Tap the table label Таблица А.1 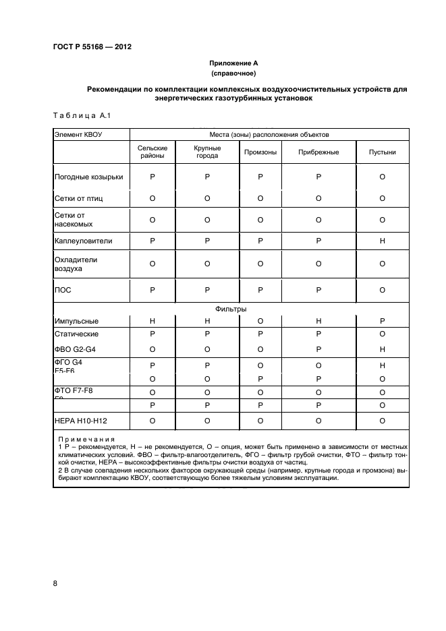point(81,115)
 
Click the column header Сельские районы point(152,152)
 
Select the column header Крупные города point(207,152)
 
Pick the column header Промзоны point(260,152)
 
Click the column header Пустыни point(382,152)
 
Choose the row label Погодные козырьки point(88,177)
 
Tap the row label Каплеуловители point(83,241)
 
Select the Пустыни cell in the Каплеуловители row point(382,241)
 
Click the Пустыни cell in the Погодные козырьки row point(382,177)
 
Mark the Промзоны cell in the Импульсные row point(260,321)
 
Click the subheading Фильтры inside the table point(231,309)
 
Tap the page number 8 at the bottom point(55,584)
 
